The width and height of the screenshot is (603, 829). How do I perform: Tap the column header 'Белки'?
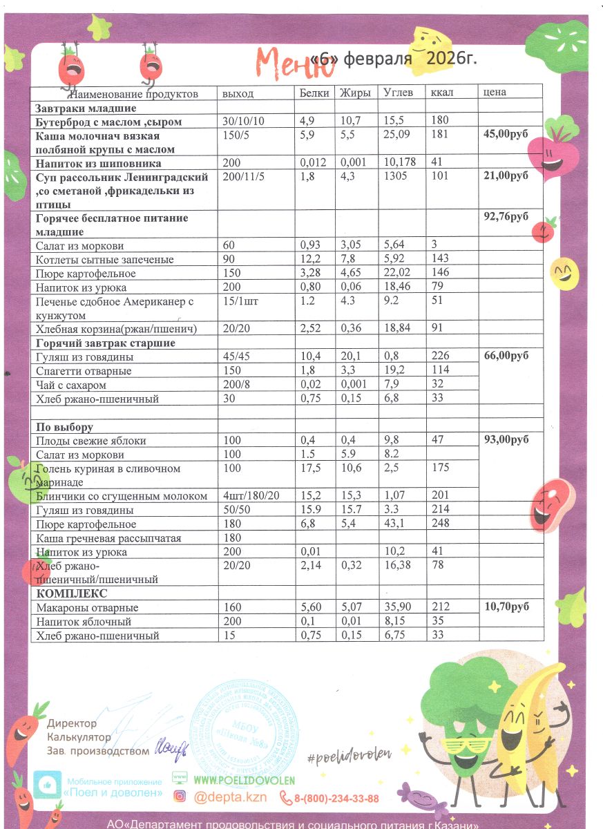tap(314, 93)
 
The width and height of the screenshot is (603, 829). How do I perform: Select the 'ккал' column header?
tap(442, 93)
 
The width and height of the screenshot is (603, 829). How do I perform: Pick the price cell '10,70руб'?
tap(505, 607)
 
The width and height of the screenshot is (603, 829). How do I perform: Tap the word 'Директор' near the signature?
tap(73, 723)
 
